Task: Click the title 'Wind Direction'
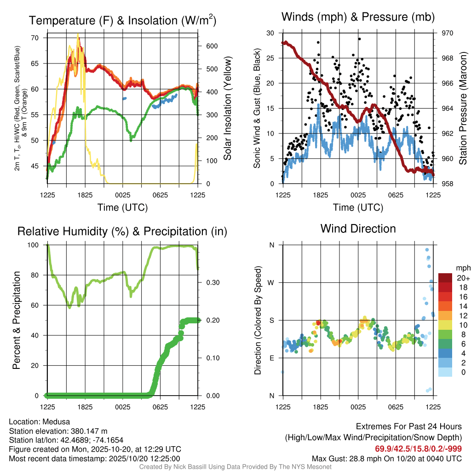[358, 229]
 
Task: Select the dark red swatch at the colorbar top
[445, 278]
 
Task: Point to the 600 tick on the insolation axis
[212, 46]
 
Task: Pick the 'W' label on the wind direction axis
[271, 282]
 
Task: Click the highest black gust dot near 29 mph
[359, 39]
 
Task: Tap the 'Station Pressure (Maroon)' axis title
[463, 109]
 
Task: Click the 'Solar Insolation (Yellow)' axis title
[228, 109]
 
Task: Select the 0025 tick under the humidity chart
[123, 407]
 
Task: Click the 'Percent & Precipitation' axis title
[16, 320]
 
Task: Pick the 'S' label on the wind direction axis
[271, 320]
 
